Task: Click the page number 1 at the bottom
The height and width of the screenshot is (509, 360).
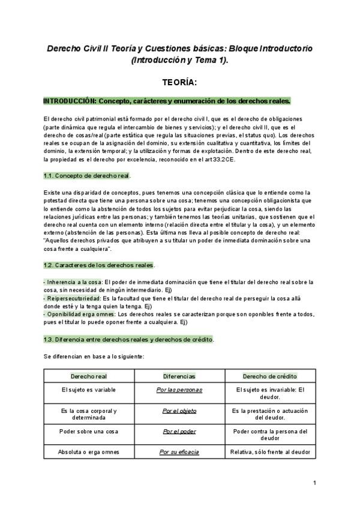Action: coord(314,482)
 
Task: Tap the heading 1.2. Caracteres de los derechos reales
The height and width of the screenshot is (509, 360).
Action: coord(99,265)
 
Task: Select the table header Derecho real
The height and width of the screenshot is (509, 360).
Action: coord(89,376)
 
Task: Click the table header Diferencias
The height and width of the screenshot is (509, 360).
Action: coord(179,376)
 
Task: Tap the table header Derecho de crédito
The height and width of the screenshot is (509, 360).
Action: coord(269,376)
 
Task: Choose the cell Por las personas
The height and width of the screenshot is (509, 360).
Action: coord(179,390)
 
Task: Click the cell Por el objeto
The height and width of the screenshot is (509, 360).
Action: coord(179,411)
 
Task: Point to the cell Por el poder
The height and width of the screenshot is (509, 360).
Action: coord(179,431)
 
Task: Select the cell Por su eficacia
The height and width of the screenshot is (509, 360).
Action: coord(179,451)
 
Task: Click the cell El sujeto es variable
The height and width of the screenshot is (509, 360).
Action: coord(89,390)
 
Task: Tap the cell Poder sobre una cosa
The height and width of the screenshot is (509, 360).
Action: coord(89,431)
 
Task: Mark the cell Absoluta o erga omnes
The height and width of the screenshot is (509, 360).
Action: coord(89,451)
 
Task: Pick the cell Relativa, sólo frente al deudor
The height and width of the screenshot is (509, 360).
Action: coord(269,451)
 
